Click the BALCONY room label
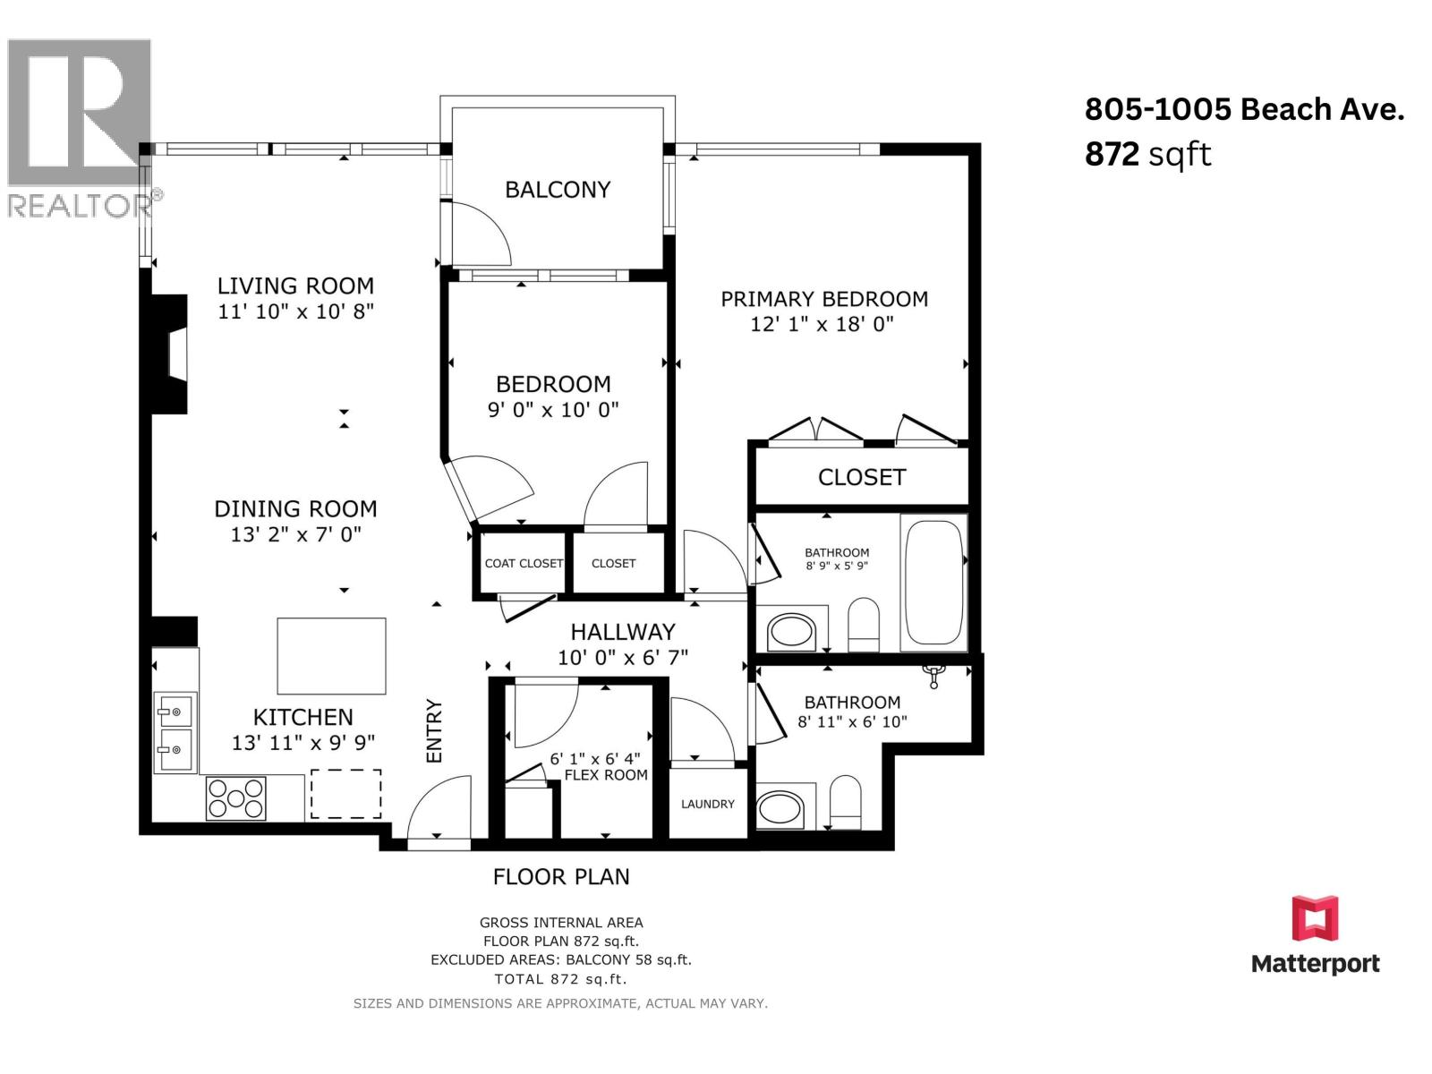coord(558,190)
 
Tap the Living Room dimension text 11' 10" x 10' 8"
coord(295,311)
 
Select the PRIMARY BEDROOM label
coord(824,299)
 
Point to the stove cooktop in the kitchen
coord(235,797)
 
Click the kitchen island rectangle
coord(331,656)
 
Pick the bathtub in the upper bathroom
coord(933,583)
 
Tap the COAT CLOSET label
coord(524,564)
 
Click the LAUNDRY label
coord(708,804)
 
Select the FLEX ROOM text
coord(606,775)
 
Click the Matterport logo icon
coord(1316,918)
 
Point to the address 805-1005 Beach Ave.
coord(1244,109)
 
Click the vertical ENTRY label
coord(434,730)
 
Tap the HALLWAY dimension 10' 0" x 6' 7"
coord(622,657)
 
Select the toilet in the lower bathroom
coord(846,802)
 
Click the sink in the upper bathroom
coord(791,631)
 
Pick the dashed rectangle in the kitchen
coord(345,794)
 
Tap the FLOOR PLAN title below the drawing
coord(561,877)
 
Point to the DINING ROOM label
coord(295,508)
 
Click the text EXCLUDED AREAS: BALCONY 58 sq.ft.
coord(561,959)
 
